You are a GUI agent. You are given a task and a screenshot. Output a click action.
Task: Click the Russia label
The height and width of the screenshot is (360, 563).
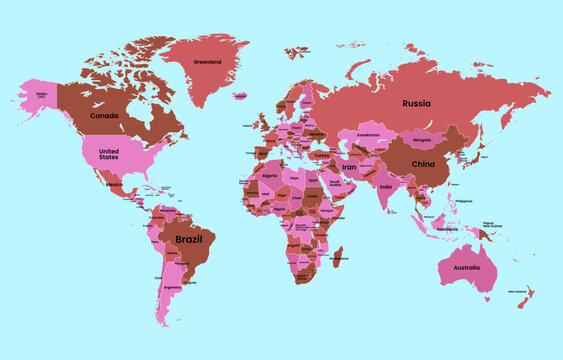(417, 103)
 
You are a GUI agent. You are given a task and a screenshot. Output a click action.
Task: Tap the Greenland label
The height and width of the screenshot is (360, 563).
(207, 62)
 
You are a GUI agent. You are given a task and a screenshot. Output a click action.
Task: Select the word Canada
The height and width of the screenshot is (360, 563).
(104, 116)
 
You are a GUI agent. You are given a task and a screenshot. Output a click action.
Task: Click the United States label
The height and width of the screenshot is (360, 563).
(108, 152)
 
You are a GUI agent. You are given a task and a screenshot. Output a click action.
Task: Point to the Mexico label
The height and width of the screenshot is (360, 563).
(115, 185)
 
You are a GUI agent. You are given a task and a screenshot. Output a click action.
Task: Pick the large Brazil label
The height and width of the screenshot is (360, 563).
(189, 240)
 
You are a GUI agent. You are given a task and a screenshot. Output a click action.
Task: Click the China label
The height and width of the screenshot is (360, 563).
(423, 163)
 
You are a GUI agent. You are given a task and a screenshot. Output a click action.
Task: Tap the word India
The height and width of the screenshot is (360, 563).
(386, 187)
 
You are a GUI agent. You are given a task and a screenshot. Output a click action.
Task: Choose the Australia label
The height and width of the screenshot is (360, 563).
(467, 268)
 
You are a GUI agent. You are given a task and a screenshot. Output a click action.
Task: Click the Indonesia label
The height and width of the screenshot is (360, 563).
(445, 229)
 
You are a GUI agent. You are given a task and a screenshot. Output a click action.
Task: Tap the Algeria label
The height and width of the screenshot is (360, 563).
(269, 175)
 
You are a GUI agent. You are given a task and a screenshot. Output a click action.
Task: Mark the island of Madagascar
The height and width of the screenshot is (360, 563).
(338, 257)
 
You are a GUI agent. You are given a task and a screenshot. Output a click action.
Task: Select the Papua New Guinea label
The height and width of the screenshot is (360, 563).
(488, 225)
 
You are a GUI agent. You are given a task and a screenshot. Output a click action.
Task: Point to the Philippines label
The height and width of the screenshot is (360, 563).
(462, 201)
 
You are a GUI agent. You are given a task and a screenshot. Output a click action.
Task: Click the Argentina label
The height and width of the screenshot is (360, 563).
(173, 287)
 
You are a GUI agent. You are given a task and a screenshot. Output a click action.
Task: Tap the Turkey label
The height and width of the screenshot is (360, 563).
(322, 155)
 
